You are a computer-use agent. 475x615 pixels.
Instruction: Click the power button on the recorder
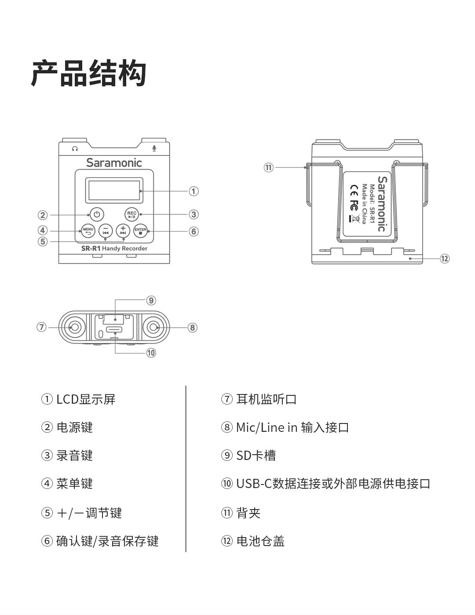click(x=97, y=214)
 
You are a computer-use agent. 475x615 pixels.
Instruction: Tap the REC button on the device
click(x=132, y=214)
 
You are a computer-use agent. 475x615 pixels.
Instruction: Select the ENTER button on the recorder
click(x=140, y=231)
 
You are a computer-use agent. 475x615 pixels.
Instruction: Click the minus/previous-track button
click(x=106, y=231)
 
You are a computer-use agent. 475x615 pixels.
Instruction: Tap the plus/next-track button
click(x=123, y=231)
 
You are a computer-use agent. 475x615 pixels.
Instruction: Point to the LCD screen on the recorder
click(x=115, y=190)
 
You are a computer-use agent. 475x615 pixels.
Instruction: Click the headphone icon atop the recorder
click(x=75, y=149)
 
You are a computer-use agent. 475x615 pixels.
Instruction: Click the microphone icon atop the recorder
click(x=154, y=148)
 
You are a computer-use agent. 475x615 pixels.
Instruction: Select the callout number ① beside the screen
click(x=194, y=191)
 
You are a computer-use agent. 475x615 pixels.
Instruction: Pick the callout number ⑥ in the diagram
click(x=194, y=232)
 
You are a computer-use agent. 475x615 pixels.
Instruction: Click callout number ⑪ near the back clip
click(x=268, y=167)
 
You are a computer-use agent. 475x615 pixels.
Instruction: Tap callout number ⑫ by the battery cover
click(x=445, y=259)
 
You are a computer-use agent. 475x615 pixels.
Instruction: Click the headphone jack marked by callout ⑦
click(x=74, y=327)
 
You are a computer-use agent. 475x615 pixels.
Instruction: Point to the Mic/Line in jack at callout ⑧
click(x=153, y=327)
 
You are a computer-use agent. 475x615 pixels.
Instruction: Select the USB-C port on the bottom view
click(x=114, y=329)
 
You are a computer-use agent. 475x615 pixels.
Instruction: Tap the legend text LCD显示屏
click(x=86, y=399)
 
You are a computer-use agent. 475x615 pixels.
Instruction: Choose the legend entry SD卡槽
click(x=256, y=456)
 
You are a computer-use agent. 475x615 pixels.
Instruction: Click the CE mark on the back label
click(x=354, y=190)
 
